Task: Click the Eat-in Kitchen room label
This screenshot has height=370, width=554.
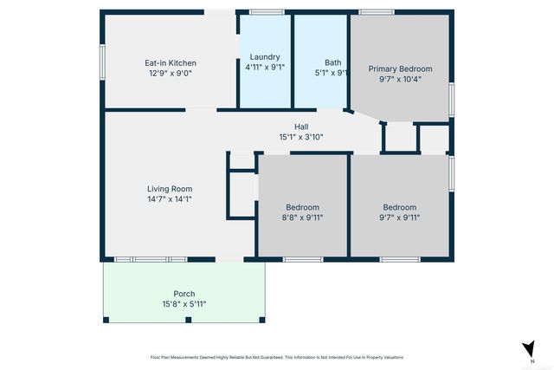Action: click(x=170, y=63)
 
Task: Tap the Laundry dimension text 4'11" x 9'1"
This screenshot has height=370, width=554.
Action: click(x=265, y=67)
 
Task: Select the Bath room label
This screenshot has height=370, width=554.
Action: click(x=332, y=62)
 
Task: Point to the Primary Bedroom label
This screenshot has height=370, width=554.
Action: click(x=400, y=69)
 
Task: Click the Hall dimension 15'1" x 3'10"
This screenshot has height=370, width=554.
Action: click(x=301, y=137)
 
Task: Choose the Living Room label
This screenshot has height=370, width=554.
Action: click(x=170, y=189)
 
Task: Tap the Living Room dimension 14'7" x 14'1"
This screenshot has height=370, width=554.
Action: click(x=170, y=199)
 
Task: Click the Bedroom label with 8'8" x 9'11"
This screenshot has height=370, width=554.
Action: click(x=303, y=208)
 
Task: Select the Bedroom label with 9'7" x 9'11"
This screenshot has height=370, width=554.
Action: click(x=400, y=208)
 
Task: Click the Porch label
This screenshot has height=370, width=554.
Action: click(x=184, y=294)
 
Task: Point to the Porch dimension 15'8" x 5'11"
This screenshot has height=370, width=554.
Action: click(x=184, y=304)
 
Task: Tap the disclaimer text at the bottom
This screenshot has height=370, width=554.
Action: click(x=277, y=357)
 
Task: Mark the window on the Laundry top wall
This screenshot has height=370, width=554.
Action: click(x=267, y=12)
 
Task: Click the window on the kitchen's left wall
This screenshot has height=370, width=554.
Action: click(x=102, y=64)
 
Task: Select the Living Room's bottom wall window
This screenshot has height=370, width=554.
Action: click(x=151, y=259)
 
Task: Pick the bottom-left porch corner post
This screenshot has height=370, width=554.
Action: click(x=106, y=320)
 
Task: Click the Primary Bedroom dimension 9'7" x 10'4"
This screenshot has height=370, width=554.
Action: click(x=400, y=80)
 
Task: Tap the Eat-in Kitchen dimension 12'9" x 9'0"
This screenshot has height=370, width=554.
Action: click(x=170, y=74)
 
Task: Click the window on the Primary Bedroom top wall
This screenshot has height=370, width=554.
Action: click(x=377, y=12)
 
